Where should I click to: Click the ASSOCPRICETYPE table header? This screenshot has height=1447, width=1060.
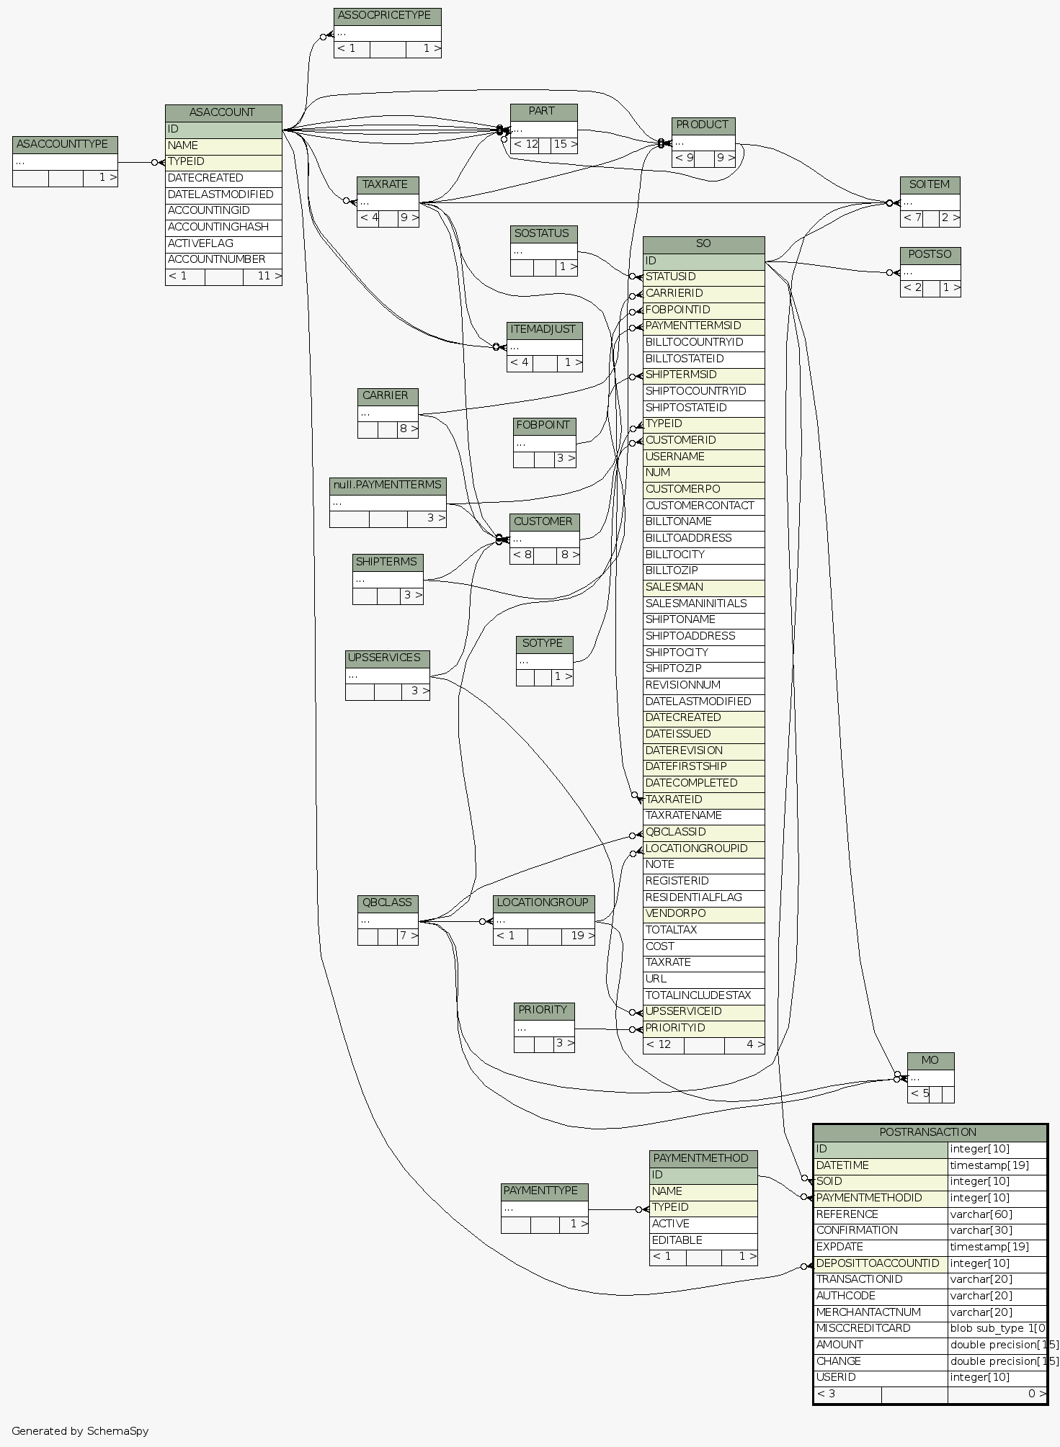click(387, 16)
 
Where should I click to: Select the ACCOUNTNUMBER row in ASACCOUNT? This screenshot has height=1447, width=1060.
click(223, 259)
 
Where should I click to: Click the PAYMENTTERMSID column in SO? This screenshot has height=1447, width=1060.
click(703, 326)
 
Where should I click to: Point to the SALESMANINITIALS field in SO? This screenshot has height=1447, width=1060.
click(703, 604)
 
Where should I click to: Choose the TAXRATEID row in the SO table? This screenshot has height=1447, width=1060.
click(703, 799)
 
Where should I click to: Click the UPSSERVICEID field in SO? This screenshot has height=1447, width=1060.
click(703, 1011)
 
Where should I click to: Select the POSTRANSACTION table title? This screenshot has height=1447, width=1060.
click(929, 1132)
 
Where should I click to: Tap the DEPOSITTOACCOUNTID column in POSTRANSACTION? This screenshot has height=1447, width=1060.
click(879, 1263)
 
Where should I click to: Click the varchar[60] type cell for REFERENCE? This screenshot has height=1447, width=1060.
click(997, 1214)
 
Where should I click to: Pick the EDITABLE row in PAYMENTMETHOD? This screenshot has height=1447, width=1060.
click(703, 1240)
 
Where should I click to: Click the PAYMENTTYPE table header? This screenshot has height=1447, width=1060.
click(544, 1191)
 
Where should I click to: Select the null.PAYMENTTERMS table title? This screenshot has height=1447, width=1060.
click(387, 485)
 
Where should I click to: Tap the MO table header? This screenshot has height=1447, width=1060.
click(930, 1060)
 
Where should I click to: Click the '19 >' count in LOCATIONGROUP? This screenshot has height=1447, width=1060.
click(582, 936)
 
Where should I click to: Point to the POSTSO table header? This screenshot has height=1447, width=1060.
click(930, 255)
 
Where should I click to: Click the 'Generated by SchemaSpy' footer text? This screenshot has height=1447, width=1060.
click(80, 1431)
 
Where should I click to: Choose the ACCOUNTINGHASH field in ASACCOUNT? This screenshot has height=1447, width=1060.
click(223, 227)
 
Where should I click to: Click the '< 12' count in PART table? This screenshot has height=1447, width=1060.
click(526, 144)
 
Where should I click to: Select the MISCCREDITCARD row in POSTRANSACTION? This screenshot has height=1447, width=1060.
click(879, 1328)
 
